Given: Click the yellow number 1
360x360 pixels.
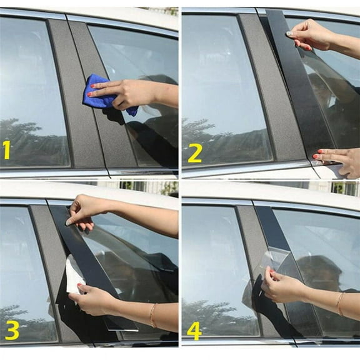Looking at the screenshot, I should tap(7, 151).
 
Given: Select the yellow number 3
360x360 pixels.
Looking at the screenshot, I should tap(11, 329).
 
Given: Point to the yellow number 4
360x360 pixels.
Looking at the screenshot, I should tap(194, 329).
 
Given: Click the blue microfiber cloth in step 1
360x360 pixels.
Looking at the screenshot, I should tap(100, 91).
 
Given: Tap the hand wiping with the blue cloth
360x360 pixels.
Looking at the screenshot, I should tap(128, 94).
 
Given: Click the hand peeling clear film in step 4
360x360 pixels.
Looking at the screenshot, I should tap(284, 287).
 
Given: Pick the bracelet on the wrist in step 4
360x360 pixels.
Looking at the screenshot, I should tap(339, 304).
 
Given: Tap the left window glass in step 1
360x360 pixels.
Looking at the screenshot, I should tap(31, 94).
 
